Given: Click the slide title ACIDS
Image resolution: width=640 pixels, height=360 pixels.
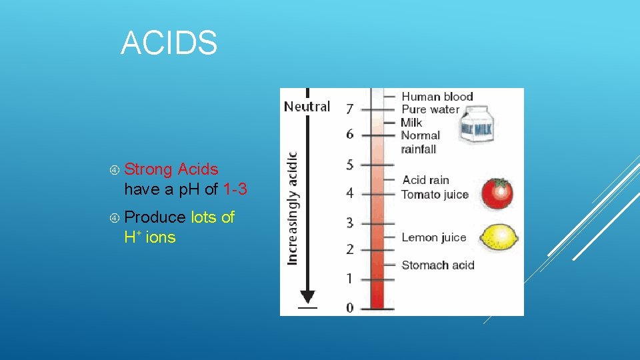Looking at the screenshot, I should pos(169,43).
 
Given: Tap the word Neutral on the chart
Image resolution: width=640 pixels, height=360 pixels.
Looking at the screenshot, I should pos(307,107).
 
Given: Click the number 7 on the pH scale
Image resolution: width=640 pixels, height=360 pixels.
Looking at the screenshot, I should pos(350,108).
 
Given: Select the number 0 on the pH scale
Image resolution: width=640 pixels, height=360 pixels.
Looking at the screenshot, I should pos(350,307).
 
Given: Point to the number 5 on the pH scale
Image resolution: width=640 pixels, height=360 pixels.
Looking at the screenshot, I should pos(350,164).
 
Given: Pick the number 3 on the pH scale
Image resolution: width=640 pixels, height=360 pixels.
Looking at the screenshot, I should pos(350,223).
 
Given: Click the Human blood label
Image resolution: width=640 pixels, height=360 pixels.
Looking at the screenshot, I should pos(437,97).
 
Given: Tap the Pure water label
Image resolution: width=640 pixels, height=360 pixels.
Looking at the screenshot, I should pos(430,109).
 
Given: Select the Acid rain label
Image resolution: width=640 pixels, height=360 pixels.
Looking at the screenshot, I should pos(425,180).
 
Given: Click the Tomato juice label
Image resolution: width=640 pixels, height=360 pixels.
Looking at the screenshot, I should pos(435,195).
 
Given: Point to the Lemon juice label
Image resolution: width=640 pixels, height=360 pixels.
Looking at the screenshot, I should pos(433,237).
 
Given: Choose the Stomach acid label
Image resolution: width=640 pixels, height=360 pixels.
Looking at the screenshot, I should pos(437,265).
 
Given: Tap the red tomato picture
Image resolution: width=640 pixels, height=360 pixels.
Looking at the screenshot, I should pos(497,193).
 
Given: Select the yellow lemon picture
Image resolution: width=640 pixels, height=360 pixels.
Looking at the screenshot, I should pos(499,237).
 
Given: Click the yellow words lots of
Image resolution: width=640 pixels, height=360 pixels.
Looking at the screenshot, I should pos(213,217).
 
